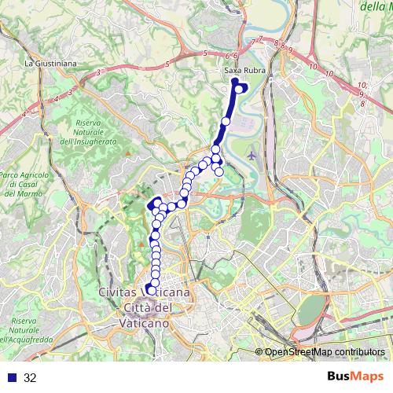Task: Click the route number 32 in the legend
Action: tap(30, 377)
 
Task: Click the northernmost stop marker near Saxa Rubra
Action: tap(234, 81)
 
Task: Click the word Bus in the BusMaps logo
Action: tap(340, 377)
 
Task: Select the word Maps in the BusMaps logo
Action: tap(369, 377)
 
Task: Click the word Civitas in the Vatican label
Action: tap(120, 292)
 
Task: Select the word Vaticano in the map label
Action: tap(144, 322)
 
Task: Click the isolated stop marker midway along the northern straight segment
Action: tap(226, 122)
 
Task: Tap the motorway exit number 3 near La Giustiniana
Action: tap(97, 72)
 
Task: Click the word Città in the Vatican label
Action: tap(134, 307)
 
